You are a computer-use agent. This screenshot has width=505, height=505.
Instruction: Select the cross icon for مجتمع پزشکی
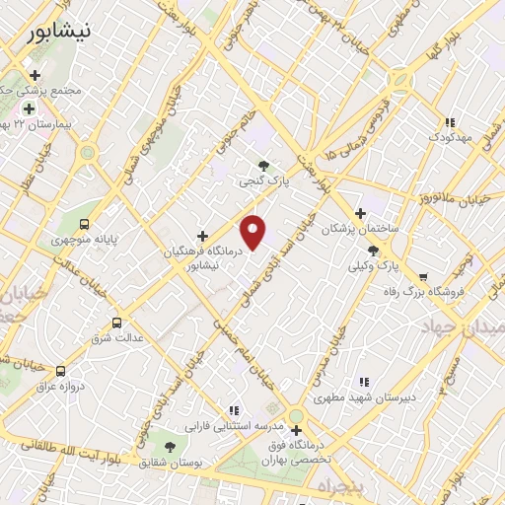pos(36,75)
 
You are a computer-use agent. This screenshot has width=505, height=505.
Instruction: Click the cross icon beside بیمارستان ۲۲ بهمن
pos(29,108)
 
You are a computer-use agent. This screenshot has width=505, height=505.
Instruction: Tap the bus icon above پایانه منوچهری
pos(85,224)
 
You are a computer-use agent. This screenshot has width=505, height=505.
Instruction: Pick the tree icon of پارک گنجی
pos(262,166)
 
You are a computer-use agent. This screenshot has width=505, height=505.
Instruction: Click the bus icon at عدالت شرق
pos(117,323)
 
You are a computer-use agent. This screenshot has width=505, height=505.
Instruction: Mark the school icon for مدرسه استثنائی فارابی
pos(234,409)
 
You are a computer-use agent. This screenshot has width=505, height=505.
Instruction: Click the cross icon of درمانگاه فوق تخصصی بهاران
pos(296,430)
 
